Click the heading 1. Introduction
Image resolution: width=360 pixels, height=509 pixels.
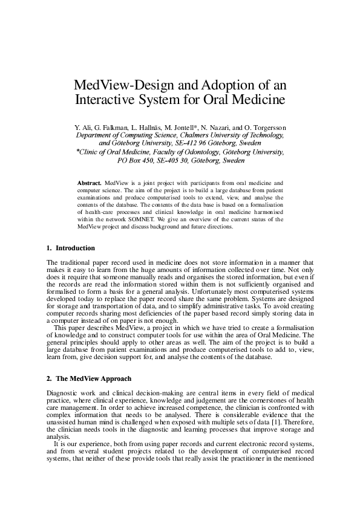pos(71,248)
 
